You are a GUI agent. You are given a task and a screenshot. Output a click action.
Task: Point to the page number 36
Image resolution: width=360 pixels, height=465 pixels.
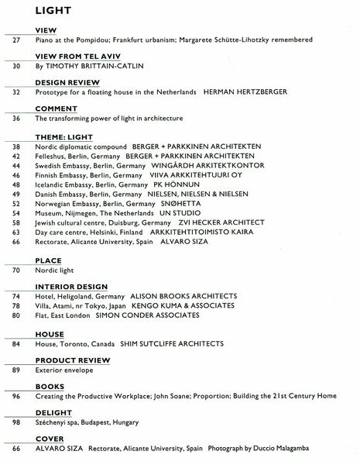click(15, 119)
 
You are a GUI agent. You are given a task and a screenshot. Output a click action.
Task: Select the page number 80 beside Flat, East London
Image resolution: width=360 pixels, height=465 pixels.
click(15, 317)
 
